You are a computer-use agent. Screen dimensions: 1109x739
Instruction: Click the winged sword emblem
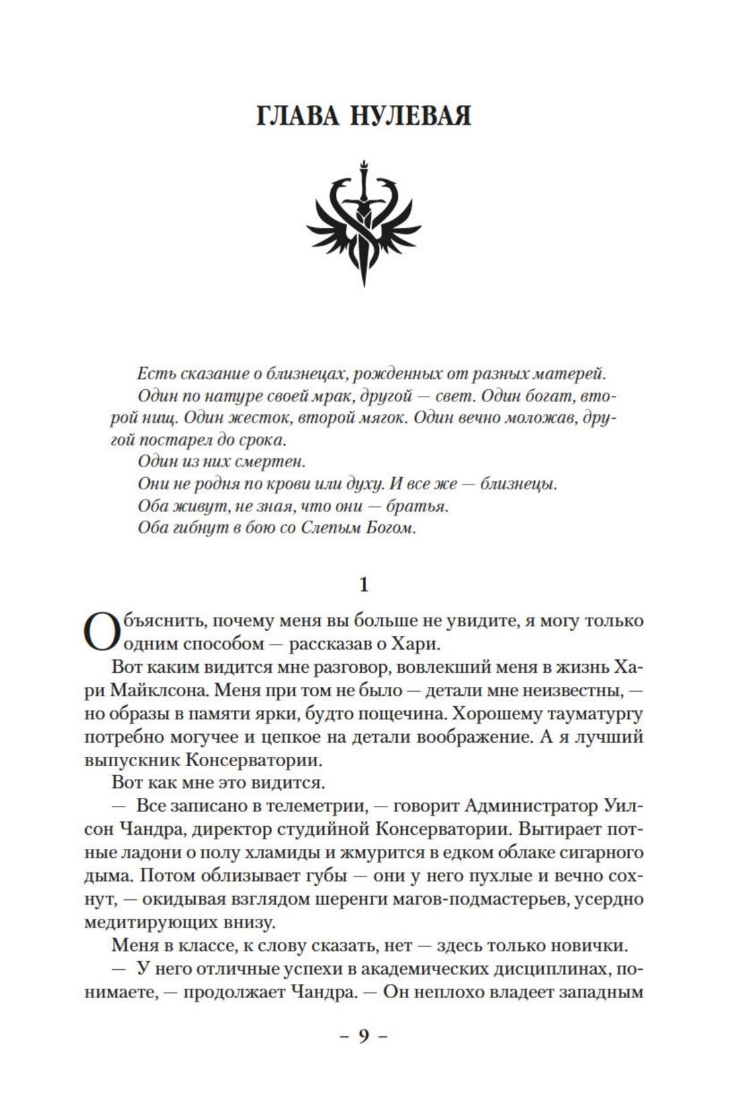[x=363, y=221]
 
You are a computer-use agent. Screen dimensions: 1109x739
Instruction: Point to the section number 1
[x=364, y=585]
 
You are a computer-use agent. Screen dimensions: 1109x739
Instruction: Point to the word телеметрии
[x=308, y=806]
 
